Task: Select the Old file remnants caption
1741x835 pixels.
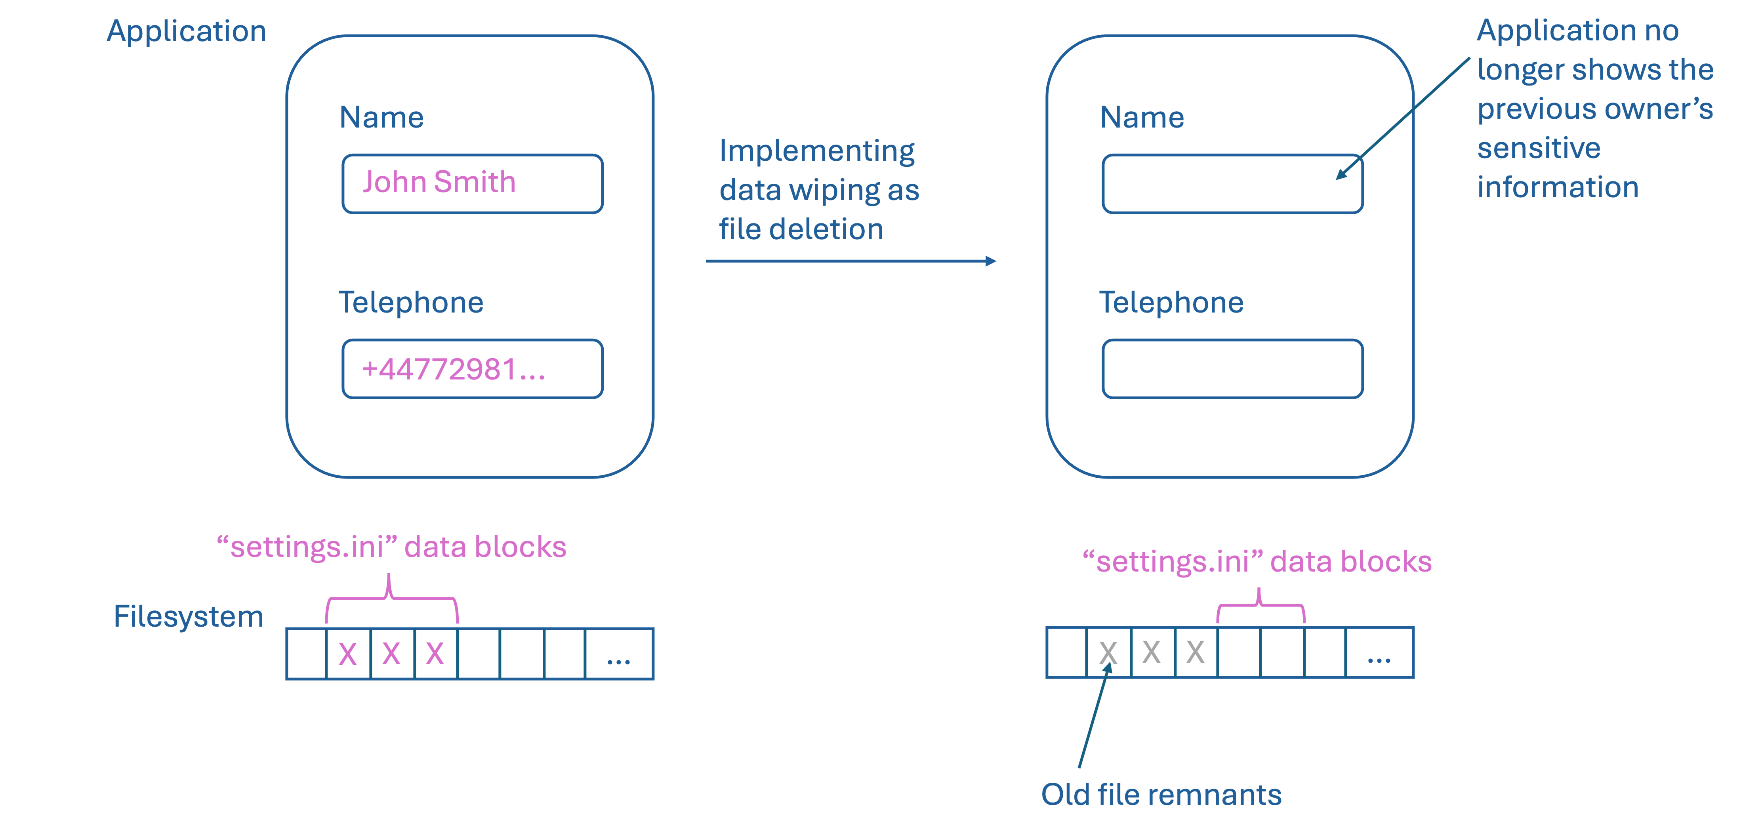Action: [1161, 795]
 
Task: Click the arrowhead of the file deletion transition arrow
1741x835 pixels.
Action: [991, 261]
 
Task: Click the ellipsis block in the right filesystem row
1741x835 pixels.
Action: [1379, 653]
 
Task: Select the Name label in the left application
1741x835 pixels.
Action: [382, 118]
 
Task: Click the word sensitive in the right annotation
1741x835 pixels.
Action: [1539, 148]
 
